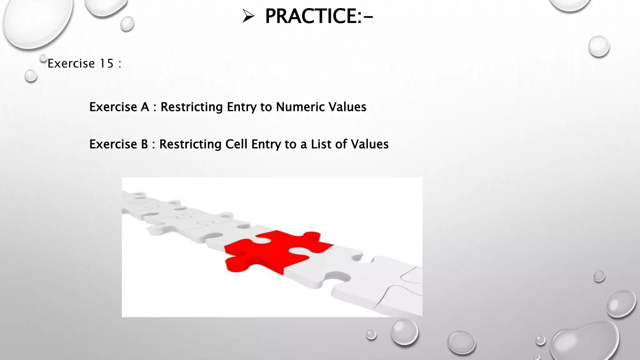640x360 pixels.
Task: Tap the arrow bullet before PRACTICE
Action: (x=248, y=16)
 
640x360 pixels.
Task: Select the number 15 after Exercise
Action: (x=106, y=64)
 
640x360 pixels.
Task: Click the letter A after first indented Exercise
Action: (x=145, y=107)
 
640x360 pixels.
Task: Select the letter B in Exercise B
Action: (x=144, y=144)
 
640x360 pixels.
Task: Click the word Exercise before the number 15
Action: (x=71, y=64)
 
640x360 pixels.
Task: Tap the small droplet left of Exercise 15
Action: (x=31, y=76)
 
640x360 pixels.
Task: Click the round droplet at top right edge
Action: (x=599, y=46)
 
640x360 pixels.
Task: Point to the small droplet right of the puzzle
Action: (x=599, y=276)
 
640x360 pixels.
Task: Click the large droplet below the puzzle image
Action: (x=404, y=332)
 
